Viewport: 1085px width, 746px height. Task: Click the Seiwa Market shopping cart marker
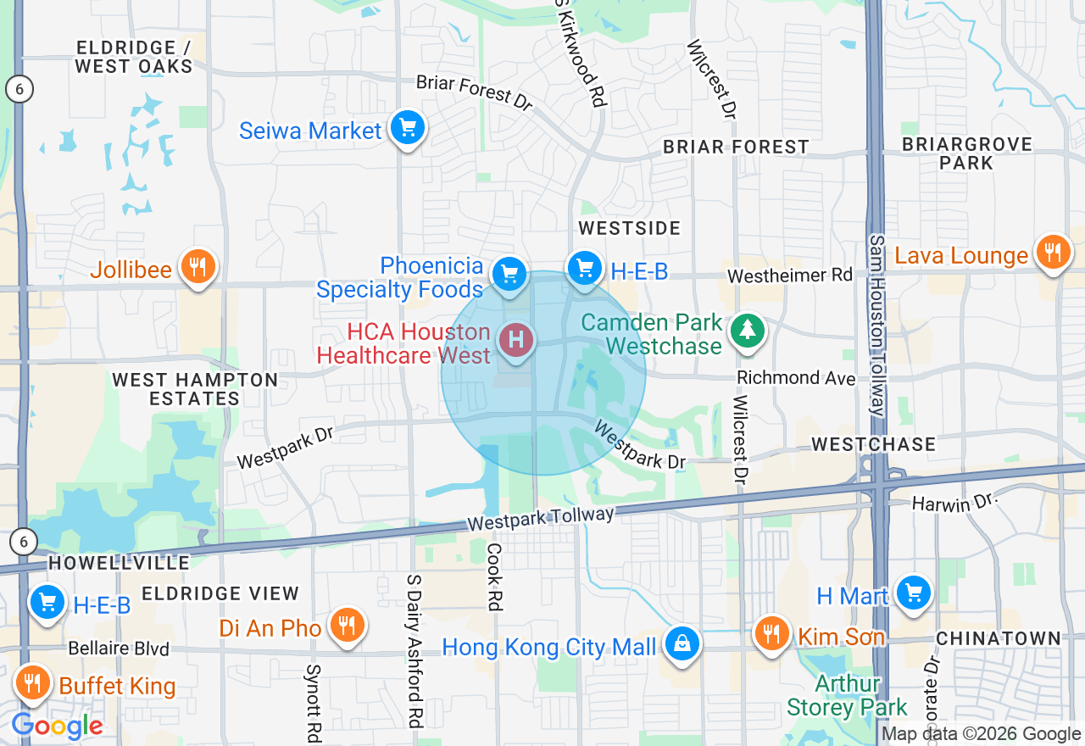click(x=408, y=129)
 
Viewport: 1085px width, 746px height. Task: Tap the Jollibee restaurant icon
click(x=198, y=268)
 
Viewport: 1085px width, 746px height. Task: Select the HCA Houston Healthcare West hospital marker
click(x=516, y=341)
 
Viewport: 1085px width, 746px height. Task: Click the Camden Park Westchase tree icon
click(x=747, y=331)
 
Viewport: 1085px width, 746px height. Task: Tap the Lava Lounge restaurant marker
click(x=1052, y=253)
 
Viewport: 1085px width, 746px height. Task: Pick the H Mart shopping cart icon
click(x=913, y=593)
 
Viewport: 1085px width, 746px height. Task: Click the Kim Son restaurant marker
click(x=771, y=633)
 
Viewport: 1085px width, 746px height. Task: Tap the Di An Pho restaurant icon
click(x=346, y=626)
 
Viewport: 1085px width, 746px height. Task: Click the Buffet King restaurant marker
click(x=32, y=682)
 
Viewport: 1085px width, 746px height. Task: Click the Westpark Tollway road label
click(x=540, y=519)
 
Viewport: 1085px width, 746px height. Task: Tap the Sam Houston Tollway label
click(x=876, y=326)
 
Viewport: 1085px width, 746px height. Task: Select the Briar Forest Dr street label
click(x=474, y=92)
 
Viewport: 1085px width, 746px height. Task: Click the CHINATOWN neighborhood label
click(x=998, y=637)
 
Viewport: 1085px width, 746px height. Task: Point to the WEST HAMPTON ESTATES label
click(x=195, y=389)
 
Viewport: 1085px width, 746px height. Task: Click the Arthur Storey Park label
click(x=847, y=695)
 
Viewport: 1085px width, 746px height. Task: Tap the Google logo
click(x=57, y=726)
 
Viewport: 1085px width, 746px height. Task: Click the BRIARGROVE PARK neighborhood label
click(x=966, y=153)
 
